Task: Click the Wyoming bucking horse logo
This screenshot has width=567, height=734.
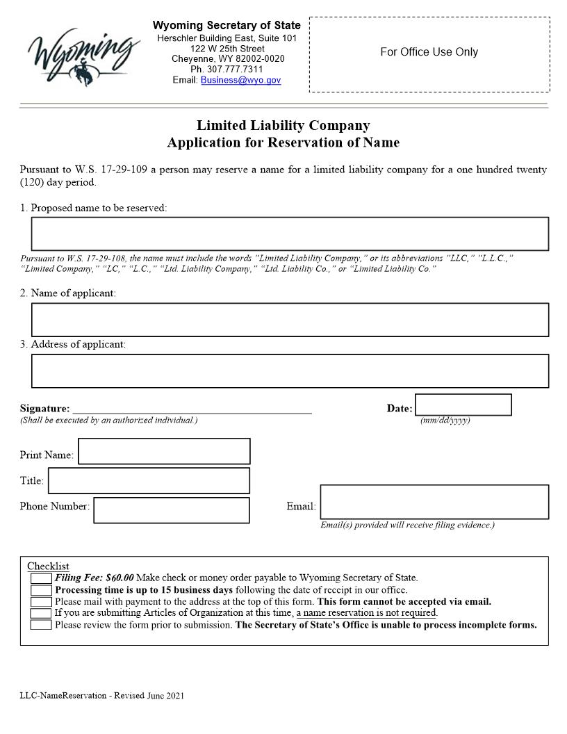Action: click(83, 54)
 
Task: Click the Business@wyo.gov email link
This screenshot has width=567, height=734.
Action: click(240, 80)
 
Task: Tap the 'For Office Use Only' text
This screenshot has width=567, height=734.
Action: click(429, 52)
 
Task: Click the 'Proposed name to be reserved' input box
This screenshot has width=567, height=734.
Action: click(290, 234)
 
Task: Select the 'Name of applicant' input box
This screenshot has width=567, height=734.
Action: click(290, 320)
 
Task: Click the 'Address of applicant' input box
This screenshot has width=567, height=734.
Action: click(290, 371)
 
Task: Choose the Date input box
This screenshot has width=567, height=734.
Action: click(463, 405)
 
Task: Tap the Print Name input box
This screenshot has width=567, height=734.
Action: click(164, 451)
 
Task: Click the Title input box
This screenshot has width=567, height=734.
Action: click(149, 480)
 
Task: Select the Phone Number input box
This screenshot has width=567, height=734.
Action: click(171, 510)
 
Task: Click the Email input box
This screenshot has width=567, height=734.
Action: click(434, 502)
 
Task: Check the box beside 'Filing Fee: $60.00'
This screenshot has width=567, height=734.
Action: click(41, 578)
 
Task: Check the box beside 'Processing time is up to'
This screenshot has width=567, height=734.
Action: click(41, 590)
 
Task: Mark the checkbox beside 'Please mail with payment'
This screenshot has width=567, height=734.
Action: click(41, 602)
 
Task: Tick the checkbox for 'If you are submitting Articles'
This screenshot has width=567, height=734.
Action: click(41, 613)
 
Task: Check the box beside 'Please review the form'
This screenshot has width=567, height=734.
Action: click(41, 625)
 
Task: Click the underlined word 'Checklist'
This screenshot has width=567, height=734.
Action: click(48, 566)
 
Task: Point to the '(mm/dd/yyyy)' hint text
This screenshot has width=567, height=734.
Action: click(445, 421)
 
